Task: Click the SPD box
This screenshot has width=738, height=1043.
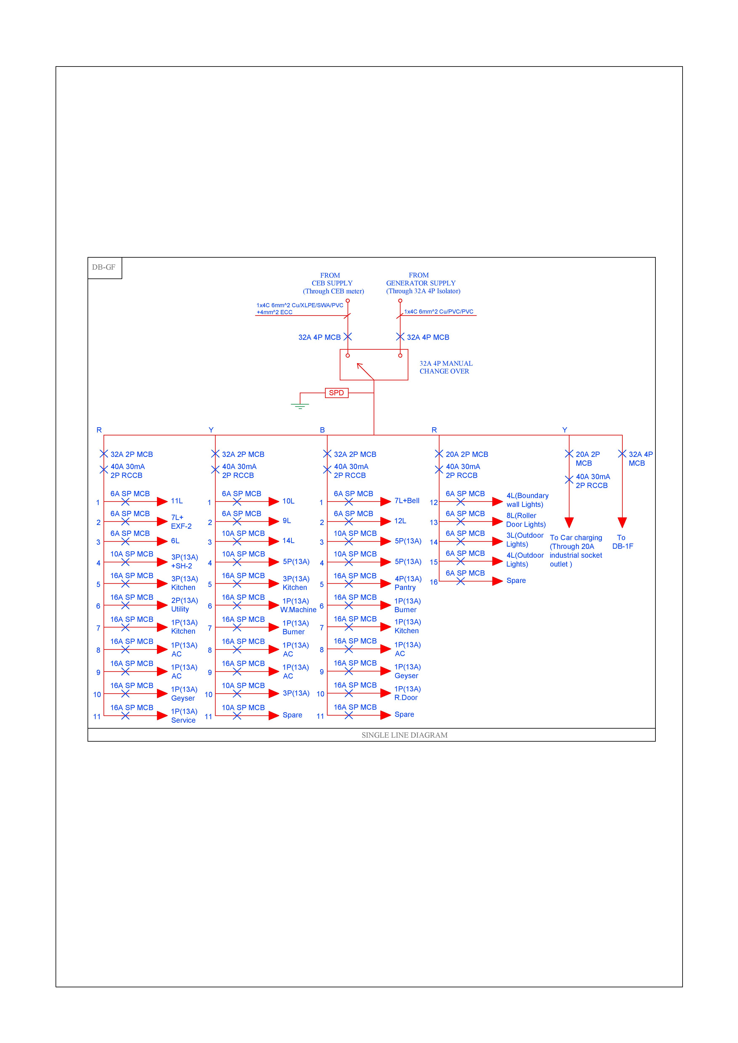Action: point(336,393)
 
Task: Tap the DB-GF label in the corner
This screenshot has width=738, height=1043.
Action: point(104,267)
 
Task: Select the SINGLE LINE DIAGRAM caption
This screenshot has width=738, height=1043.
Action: point(404,735)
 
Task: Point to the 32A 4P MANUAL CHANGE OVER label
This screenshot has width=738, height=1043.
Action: point(446,367)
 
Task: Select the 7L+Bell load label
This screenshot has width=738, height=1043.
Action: point(406,501)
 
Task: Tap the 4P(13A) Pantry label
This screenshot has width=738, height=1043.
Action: point(407,583)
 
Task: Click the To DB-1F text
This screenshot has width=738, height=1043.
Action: point(622,542)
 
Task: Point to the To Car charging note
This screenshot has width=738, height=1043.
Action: point(576,551)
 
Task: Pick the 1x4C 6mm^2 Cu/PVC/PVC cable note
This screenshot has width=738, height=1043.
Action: point(438,312)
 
